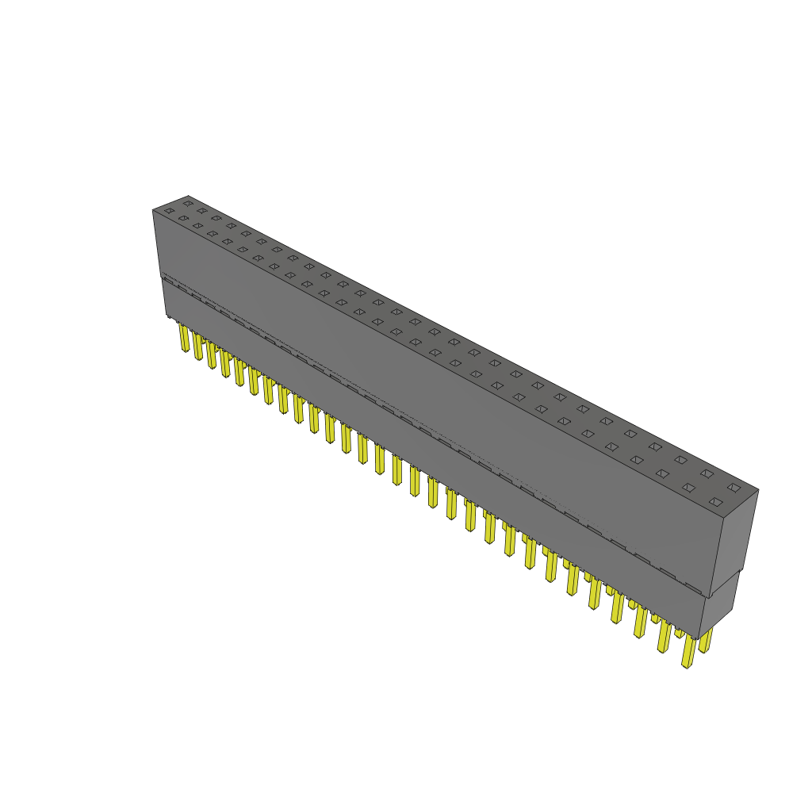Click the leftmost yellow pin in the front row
pyautogui.click(x=184, y=339)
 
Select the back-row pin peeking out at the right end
pyautogui.click(x=705, y=640)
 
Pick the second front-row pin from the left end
pyautogui.click(x=197, y=347)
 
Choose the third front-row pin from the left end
pyautogui.click(x=211, y=355)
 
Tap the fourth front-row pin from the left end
pyautogui.click(x=225, y=364)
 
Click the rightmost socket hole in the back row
pyautogui.click(x=734, y=487)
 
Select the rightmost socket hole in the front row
pyautogui.click(x=716, y=502)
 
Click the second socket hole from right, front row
pyautogui.click(x=688, y=488)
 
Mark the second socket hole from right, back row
pyautogui.click(x=707, y=473)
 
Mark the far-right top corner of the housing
pyautogui.click(x=758, y=490)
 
